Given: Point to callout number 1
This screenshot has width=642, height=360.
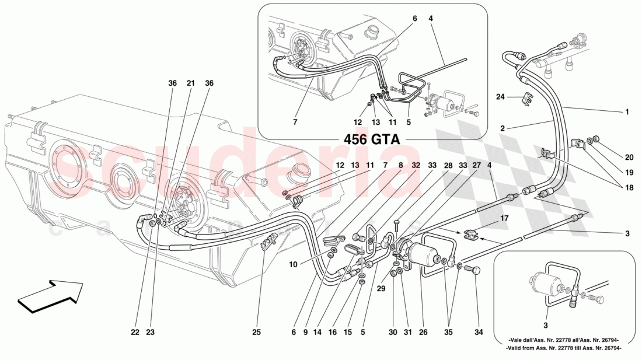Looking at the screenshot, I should pos(627,112).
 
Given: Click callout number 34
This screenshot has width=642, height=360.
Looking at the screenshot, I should pos(479,333).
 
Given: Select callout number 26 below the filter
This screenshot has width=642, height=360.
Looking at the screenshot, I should pos(423,333).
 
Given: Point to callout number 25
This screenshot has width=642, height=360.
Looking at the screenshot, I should pos(256,333).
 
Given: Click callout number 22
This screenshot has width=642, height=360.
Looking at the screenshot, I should pos(135,333).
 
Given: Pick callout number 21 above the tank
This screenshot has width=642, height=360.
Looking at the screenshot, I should pos(190,83).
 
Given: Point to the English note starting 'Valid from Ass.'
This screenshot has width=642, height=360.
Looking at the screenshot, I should pos(564,348).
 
